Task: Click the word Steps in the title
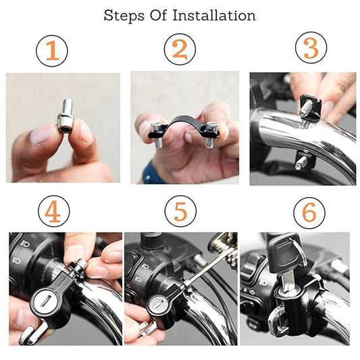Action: coord(124,16)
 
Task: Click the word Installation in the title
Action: coord(214,16)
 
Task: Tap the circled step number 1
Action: coord(52,51)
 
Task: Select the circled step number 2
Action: coord(180,49)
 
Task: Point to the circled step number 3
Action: coord(311,48)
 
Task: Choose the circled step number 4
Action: coord(54,211)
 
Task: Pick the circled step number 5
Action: coord(180,211)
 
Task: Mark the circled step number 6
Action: coord(309,213)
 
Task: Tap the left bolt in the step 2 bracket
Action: coord(157,135)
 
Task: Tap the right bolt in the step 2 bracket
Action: coord(211,135)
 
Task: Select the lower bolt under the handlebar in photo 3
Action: coord(301,163)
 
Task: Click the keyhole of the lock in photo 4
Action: coord(45,301)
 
